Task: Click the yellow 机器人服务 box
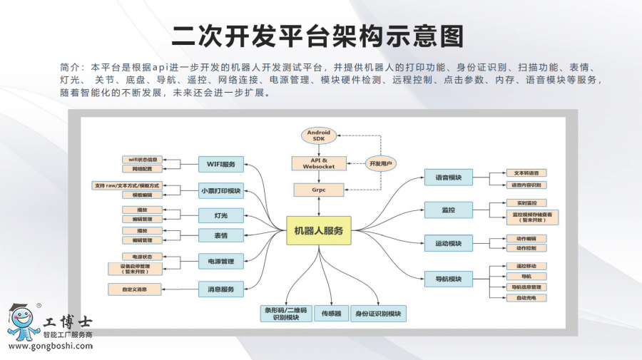point(318,230)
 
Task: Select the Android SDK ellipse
point(319,135)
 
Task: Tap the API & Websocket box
point(319,163)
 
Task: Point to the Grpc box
point(319,190)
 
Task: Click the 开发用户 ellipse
point(380,163)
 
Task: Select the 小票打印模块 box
point(221,190)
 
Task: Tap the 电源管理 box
point(221,262)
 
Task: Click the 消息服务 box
point(221,289)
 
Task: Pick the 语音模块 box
point(449,178)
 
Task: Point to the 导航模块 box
point(449,278)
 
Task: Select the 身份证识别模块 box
point(378,313)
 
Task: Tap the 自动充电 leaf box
point(526,297)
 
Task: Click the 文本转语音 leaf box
point(526,173)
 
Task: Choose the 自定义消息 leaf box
point(134,289)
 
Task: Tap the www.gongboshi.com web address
point(50,346)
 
